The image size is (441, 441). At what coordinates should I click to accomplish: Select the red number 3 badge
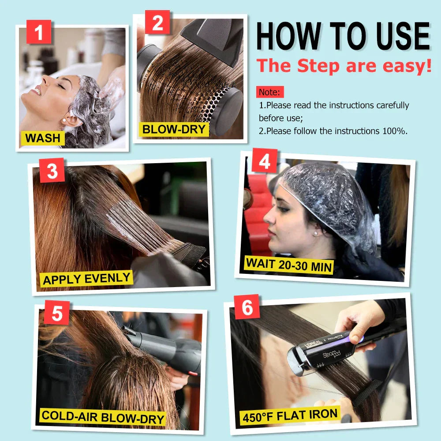(x=52, y=171)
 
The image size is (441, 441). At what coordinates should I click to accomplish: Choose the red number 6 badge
(x=247, y=307)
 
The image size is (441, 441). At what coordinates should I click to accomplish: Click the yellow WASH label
(x=43, y=138)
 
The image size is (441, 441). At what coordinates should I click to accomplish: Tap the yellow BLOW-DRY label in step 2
(x=174, y=129)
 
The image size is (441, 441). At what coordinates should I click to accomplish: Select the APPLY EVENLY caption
(x=87, y=279)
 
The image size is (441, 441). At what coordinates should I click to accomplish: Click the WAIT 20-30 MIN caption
(x=289, y=264)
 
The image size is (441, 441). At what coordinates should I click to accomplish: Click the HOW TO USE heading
(x=343, y=36)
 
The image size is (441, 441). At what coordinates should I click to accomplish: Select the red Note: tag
(x=269, y=92)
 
